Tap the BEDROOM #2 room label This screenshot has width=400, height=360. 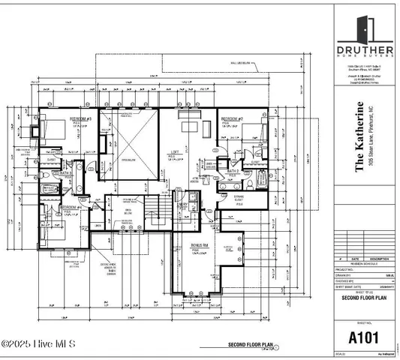(230, 119)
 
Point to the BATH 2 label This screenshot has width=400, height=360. (233, 172)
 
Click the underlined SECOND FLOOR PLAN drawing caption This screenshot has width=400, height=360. (249, 346)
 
